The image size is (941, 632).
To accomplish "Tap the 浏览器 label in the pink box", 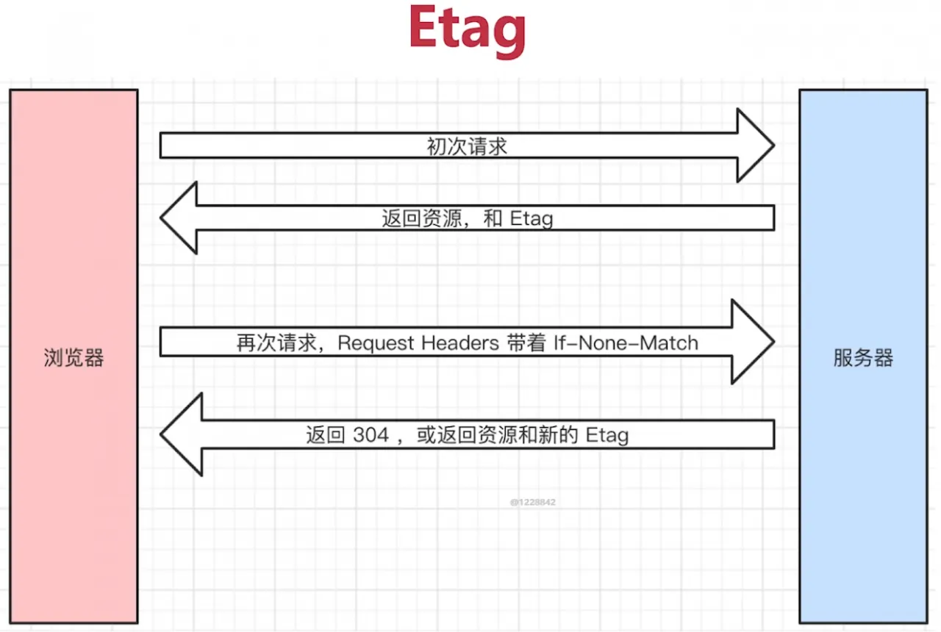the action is [x=74, y=358].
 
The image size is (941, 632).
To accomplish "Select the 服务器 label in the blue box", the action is [x=863, y=358].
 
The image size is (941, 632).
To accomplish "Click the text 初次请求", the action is [x=467, y=146].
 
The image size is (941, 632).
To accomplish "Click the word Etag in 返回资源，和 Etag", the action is [x=532, y=218].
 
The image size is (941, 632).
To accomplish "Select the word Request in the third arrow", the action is [x=376, y=343].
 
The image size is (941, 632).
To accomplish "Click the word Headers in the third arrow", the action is [x=460, y=342].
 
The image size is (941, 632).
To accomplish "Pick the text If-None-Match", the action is [x=626, y=342].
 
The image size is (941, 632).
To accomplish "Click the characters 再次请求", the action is [x=276, y=343].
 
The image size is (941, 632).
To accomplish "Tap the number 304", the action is [x=371, y=434].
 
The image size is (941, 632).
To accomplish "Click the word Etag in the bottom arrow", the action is [x=607, y=435].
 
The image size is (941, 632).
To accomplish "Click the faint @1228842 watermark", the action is [x=533, y=502].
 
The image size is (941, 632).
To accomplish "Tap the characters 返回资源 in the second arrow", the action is [x=421, y=218].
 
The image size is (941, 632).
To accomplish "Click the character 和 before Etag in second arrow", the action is [x=493, y=218].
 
